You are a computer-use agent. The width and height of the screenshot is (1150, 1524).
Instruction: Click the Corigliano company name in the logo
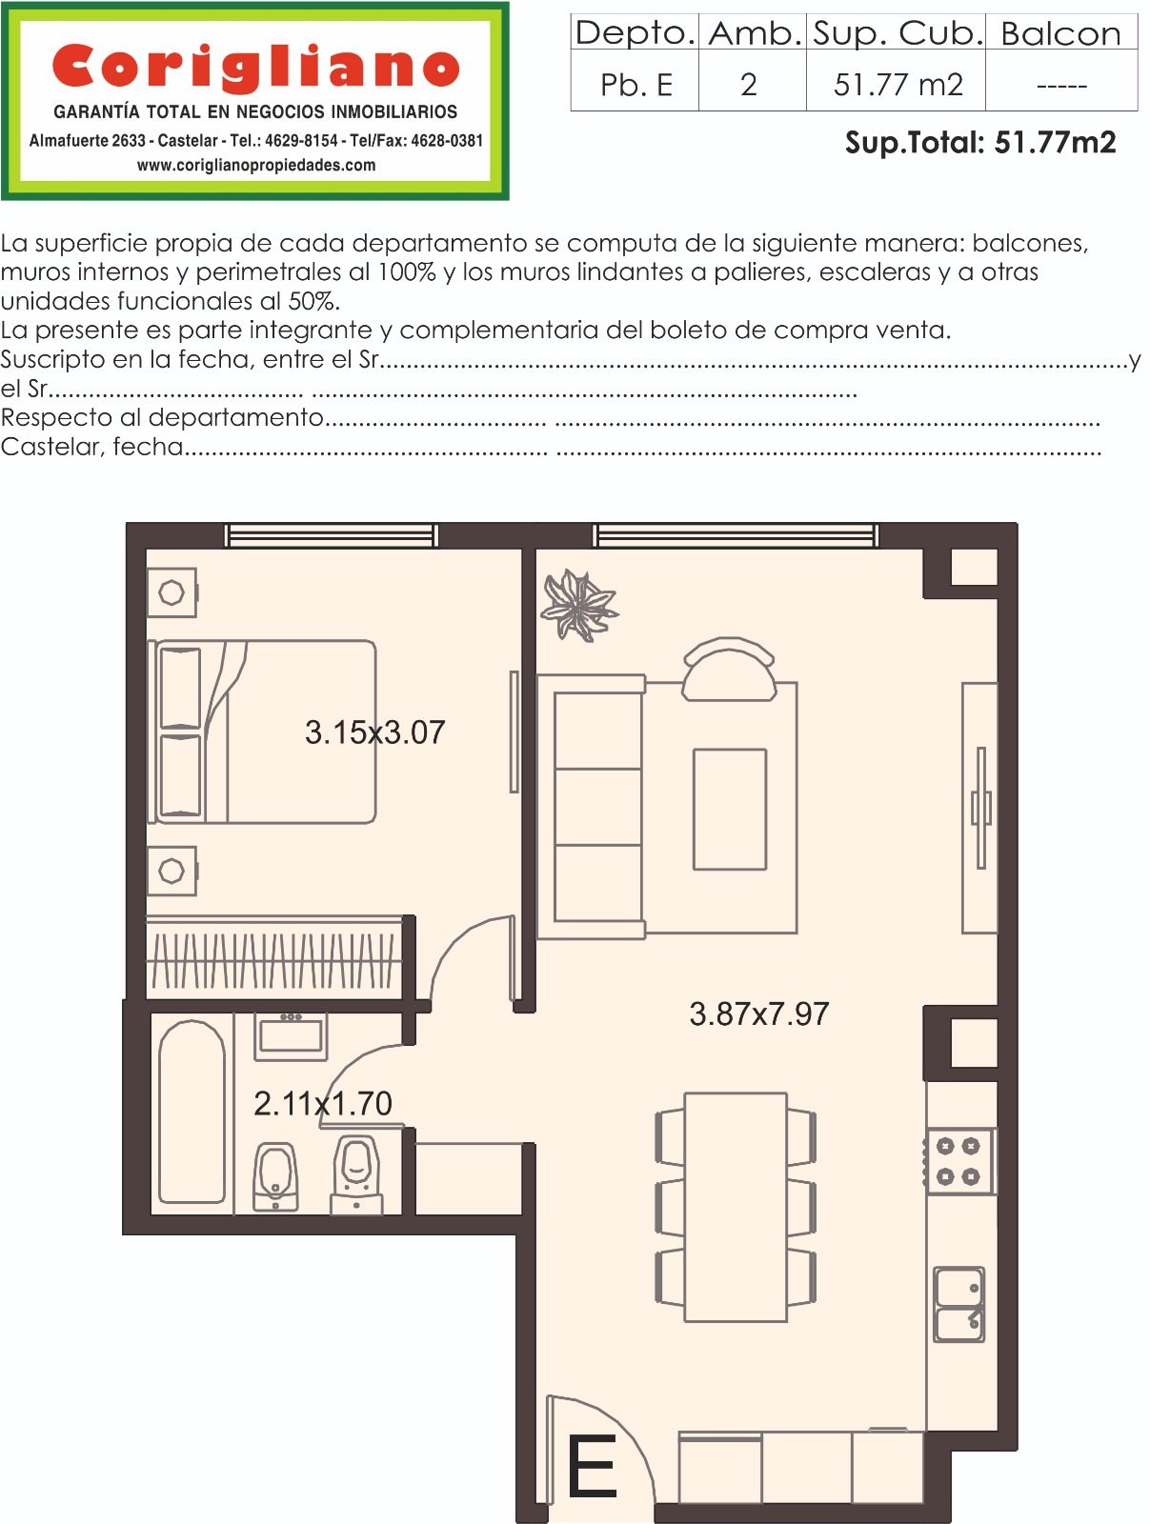(x=255, y=68)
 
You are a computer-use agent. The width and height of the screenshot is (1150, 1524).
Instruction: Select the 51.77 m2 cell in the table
(x=898, y=85)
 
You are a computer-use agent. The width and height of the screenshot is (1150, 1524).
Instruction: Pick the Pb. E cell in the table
(x=636, y=85)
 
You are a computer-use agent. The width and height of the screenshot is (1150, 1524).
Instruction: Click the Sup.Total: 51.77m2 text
(x=979, y=142)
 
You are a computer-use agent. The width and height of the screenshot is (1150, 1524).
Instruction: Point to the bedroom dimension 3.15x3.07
(x=375, y=732)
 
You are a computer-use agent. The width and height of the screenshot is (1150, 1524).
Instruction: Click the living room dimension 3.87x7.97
(x=759, y=1013)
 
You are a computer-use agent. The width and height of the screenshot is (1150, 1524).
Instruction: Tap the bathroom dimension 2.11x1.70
(x=323, y=1103)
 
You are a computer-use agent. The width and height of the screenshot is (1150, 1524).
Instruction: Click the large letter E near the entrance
(x=592, y=1466)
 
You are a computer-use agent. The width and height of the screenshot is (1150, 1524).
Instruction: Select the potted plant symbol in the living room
(x=578, y=605)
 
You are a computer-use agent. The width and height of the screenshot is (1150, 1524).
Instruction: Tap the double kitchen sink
(x=958, y=1304)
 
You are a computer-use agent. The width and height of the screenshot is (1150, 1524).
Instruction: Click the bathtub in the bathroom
(x=192, y=1112)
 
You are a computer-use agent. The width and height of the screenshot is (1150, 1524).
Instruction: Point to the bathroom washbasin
(x=291, y=1036)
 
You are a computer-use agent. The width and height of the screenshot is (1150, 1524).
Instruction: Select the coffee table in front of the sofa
(x=730, y=809)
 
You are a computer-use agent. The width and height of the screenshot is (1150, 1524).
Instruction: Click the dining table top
(x=736, y=1208)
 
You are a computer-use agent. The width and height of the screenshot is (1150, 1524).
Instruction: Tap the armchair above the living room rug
(x=729, y=670)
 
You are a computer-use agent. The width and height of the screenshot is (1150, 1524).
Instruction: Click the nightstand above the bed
(x=172, y=592)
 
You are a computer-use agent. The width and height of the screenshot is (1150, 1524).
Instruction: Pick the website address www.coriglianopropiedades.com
(x=256, y=165)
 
